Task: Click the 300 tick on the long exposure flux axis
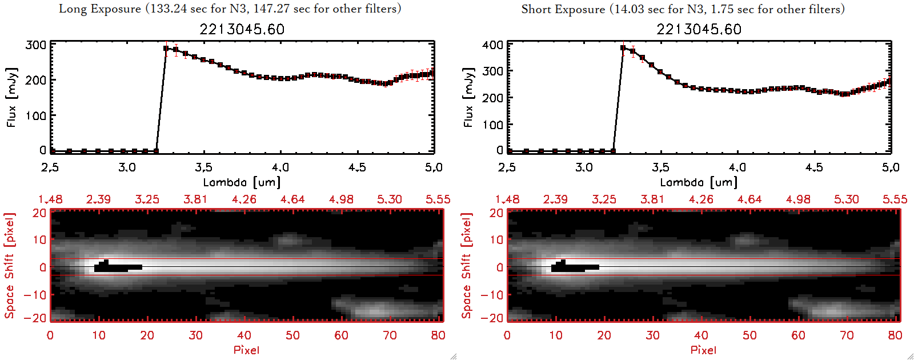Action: pos(36,45)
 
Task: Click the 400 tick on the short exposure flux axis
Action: pos(493,45)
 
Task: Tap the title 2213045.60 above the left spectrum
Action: pos(242,29)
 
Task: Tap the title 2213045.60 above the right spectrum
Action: pos(699,29)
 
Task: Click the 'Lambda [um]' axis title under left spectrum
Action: pos(242,182)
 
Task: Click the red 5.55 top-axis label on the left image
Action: pos(438,199)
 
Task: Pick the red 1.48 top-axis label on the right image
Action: pos(507,199)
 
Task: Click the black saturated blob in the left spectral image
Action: pos(117,266)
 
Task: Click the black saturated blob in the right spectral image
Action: pos(574,266)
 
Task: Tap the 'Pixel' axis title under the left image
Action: pos(246,350)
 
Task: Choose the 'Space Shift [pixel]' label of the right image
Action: pos(467,265)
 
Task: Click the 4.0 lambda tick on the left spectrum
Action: pos(280,167)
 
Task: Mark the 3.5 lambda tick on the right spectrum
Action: pos(660,167)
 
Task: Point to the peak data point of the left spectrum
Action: pos(166,49)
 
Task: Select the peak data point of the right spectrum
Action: pos(623,48)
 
